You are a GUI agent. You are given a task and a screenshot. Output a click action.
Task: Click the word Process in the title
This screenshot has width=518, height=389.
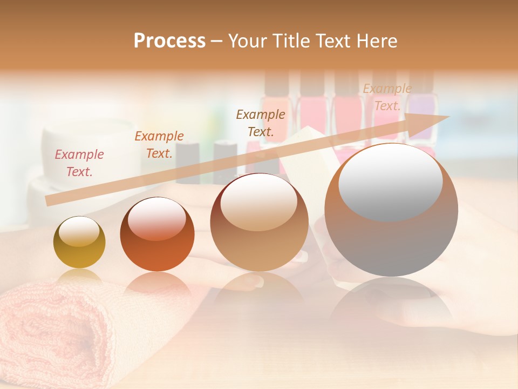click(169, 41)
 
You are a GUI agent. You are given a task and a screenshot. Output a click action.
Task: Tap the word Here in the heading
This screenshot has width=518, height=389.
click(376, 41)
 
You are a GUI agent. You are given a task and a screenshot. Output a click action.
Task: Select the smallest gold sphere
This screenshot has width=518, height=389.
click(79, 243)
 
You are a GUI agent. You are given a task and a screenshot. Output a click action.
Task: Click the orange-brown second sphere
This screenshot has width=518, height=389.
click(157, 234)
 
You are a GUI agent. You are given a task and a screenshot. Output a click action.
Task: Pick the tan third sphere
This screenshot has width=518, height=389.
click(260, 223)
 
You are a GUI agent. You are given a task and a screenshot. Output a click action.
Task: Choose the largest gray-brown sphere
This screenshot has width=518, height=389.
click(391, 211)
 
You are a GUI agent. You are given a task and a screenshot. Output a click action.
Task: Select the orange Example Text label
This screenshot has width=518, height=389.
click(159, 145)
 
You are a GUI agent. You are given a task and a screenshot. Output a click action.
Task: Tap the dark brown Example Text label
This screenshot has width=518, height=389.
click(261, 123)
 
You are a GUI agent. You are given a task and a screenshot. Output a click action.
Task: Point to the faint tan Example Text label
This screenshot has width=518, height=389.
click(387, 97)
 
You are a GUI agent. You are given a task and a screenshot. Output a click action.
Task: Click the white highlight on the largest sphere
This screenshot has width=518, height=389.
click(390, 181)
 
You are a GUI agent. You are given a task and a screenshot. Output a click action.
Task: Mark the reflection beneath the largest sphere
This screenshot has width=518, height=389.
click(391, 303)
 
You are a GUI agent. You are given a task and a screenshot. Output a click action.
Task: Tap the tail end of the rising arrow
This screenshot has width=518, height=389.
click(49, 201)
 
